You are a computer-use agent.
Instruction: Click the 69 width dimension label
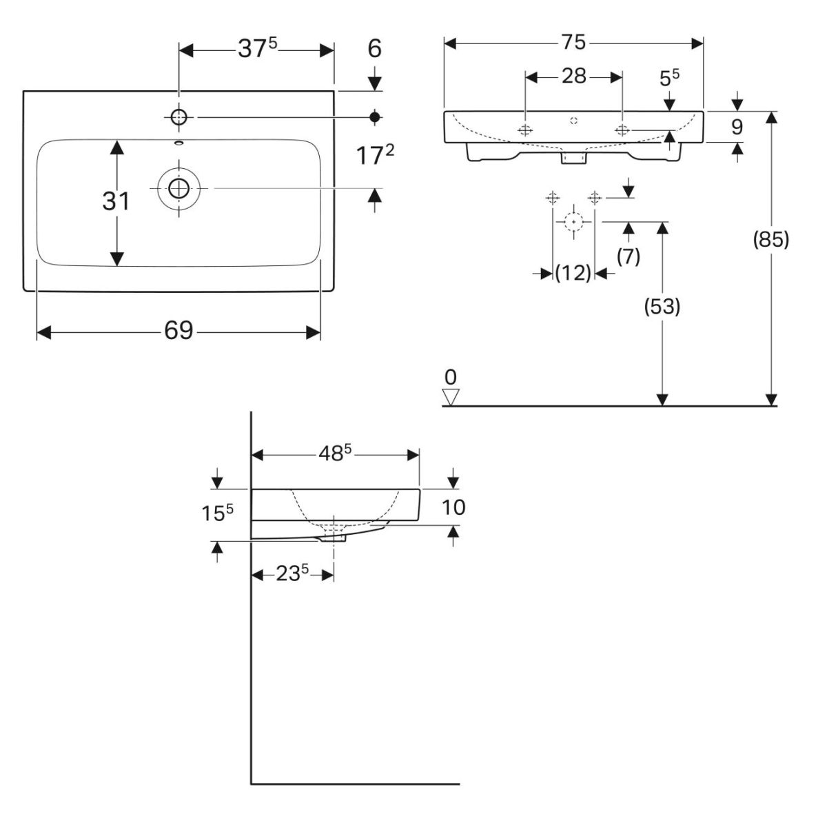pos(178,331)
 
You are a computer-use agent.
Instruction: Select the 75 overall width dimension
pos(573,43)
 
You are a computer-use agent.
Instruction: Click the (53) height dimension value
pos(662,307)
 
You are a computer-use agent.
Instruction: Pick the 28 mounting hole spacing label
pos(573,76)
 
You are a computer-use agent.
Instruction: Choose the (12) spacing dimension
pos(573,274)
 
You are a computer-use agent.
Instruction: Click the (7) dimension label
pos(628,256)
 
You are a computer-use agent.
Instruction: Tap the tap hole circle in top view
pos(179,117)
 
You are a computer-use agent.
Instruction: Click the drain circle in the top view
pos(179,187)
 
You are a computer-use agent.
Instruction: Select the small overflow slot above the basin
pos(179,143)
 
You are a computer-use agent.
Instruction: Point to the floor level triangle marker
pos(451,397)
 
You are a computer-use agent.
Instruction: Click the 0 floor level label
pos(451,377)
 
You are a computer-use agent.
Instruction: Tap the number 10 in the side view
pos(453,507)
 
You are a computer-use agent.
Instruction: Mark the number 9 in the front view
pos(737,127)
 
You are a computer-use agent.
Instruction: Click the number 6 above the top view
pos(374,49)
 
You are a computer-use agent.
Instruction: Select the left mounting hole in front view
pos(526,130)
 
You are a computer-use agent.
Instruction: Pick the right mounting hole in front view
pos(622,130)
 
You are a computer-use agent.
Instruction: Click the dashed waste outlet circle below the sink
pos(573,221)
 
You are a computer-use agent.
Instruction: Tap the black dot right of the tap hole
pos(375,117)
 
